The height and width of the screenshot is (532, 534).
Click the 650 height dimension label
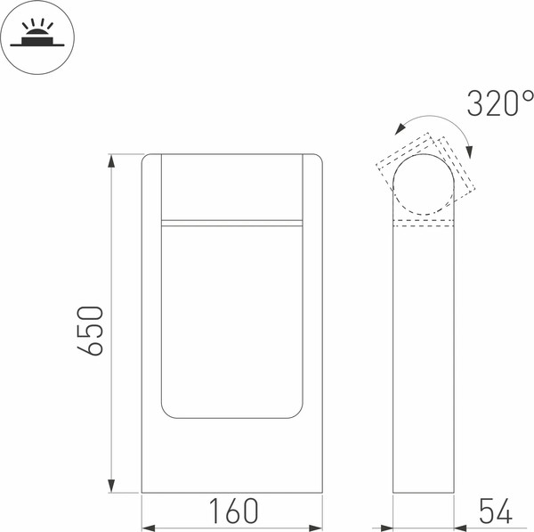(x=90, y=331)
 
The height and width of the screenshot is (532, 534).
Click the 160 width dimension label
(x=233, y=512)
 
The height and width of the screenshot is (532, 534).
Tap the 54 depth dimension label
(x=496, y=512)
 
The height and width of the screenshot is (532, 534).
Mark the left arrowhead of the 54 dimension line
(x=388, y=525)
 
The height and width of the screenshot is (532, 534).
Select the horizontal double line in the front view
(x=231, y=222)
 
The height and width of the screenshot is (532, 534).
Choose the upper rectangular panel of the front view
(x=231, y=186)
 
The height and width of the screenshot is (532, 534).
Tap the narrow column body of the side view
(x=425, y=356)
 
